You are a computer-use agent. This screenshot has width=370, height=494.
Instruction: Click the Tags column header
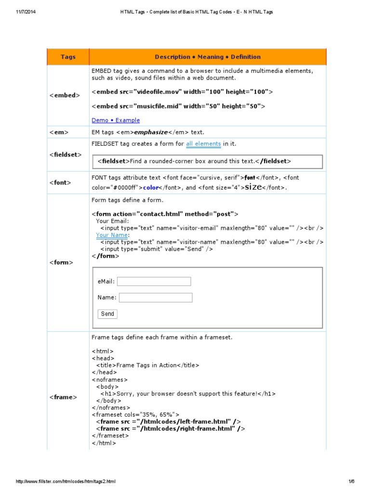tap(68, 57)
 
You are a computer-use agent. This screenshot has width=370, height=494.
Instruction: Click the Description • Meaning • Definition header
tap(208, 57)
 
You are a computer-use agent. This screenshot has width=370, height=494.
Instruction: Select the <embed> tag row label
tap(64, 96)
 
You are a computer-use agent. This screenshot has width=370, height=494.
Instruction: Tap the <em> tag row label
tap(59, 132)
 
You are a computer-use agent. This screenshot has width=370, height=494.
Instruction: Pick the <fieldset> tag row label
tap(66, 155)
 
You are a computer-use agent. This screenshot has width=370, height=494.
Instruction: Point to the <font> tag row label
tap(60, 183)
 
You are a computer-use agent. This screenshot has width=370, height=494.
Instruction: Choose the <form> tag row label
tap(61, 262)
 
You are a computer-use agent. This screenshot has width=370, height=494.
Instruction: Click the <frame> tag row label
tap(63, 397)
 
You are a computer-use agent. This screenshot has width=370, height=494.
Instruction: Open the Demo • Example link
tap(116, 120)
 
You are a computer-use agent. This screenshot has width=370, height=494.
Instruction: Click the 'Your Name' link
tap(112, 235)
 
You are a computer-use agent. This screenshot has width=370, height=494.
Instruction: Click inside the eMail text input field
tap(154, 281)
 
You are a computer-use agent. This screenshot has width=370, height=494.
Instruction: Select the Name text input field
tap(155, 298)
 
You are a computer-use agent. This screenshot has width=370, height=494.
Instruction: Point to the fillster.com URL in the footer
tap(66, 481)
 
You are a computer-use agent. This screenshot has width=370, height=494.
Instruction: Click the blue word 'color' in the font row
tap(151, 188)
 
